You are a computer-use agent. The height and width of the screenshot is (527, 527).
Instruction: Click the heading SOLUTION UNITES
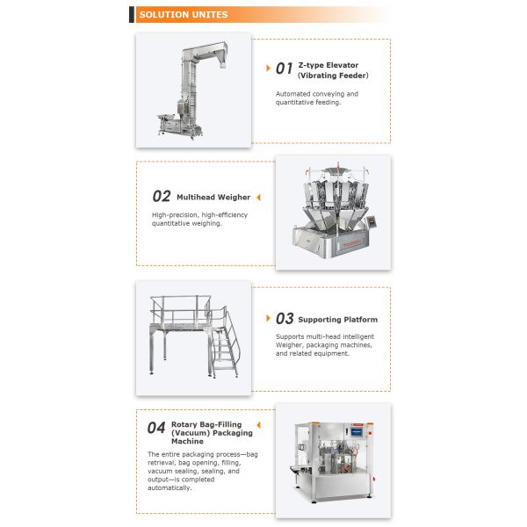(x=184, y=15)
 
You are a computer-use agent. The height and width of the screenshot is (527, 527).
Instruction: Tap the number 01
(x=284, y=69)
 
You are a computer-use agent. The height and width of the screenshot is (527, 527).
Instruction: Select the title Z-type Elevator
(x=328, y=65)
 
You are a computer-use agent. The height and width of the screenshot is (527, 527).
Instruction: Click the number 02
(x=162, y=196)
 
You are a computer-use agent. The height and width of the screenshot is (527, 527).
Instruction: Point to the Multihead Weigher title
(x=213, y=198)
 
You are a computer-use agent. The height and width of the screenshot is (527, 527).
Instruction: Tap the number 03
(x=285, y=318)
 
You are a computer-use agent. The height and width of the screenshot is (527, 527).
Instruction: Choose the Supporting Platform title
(x=338, y=320)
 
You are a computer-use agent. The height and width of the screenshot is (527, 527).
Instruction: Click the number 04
(x=156, y=428)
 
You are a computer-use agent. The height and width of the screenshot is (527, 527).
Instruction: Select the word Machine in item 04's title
(x=187, y=441)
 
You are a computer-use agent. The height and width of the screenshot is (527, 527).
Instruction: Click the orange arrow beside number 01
(x=268, y=69)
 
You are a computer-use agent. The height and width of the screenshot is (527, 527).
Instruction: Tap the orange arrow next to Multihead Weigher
(x=258, y=198)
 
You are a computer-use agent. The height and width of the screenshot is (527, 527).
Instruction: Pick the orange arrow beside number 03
(x=268, y=318)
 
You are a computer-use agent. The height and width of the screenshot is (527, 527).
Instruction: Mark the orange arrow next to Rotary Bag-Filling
(x=259, y=425)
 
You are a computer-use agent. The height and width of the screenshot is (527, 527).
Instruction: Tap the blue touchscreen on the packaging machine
(x=357, y=431)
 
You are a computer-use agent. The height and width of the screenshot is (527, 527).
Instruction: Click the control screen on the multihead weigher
(x=372, y=221)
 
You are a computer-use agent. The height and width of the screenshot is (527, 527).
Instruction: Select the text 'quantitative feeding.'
(x=308, y=103)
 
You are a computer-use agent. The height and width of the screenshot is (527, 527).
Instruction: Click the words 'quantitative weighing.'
(x=186, y=223)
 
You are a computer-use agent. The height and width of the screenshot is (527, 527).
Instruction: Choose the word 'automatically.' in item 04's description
(x=170, y=488)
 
